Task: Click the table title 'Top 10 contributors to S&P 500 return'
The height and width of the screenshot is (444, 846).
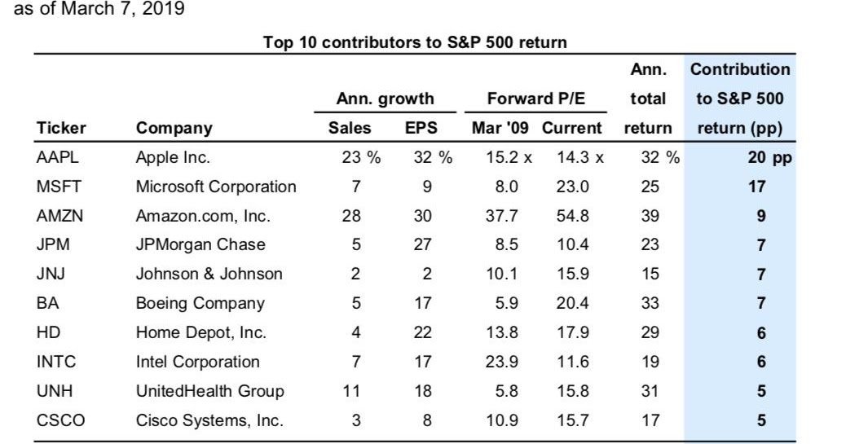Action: coord(415,42)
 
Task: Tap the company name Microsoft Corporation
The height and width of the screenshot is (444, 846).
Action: coord(216,187)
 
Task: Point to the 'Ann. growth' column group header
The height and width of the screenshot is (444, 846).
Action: coord(385,99)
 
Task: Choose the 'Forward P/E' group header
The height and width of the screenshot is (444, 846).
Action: coord(535,99)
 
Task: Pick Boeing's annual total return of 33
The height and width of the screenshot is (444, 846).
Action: coord(650,303)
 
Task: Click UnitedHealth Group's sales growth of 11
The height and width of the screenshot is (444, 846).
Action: coord(351,391)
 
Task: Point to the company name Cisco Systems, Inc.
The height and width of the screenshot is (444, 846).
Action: coord(209,420)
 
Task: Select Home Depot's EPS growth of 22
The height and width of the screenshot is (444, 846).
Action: coord(422,332)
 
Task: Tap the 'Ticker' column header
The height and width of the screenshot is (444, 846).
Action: coord(61,128)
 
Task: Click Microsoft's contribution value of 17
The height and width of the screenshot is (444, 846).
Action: coord(757,187)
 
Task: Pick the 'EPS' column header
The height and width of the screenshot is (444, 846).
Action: coord(421,128)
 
